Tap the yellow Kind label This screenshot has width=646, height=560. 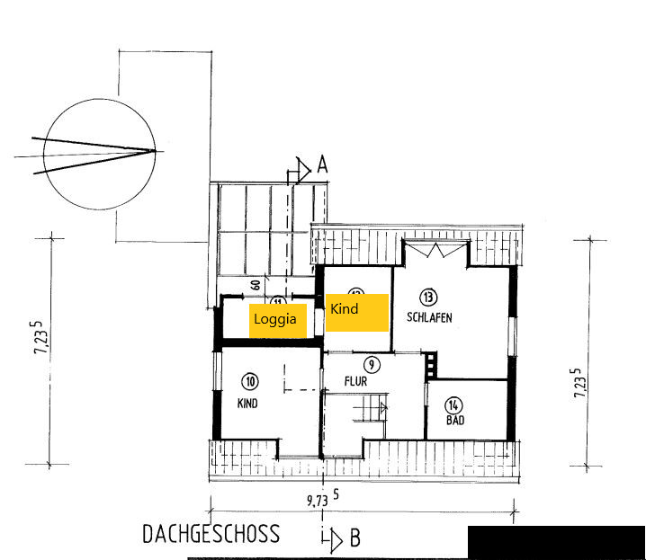[356, 310]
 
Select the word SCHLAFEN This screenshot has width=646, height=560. [429, 317]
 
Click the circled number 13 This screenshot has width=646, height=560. [428, 297]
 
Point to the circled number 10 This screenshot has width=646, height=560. [249, 380]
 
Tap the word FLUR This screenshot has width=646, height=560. [356, 381]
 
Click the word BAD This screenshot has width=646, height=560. [455, 420]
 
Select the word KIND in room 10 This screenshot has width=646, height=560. [247, 404]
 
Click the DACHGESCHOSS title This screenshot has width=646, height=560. [211, 534]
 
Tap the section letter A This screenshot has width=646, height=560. [321, 164]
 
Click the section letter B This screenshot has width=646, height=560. [354, 538]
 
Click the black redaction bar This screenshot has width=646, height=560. [556, 542]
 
